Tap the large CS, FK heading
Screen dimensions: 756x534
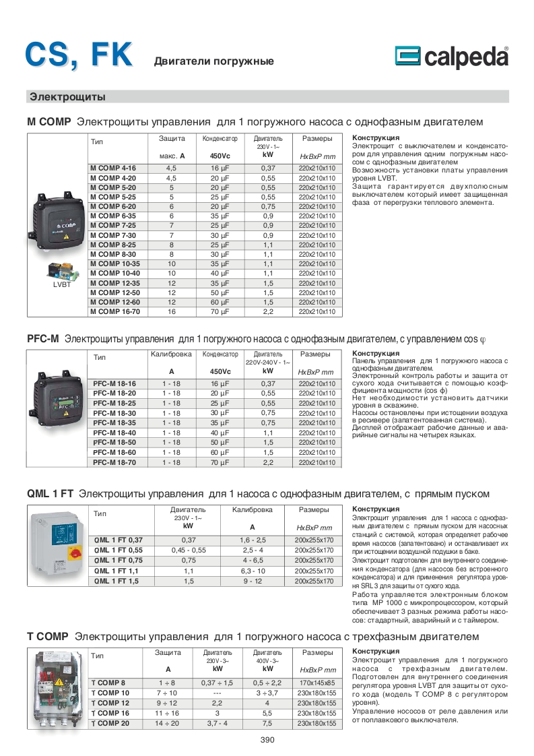[x=79, y=54]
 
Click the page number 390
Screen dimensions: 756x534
[x=267, y=739]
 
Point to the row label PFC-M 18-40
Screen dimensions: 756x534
[x=114, y=433]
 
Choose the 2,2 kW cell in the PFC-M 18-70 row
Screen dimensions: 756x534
[x=267, y=463]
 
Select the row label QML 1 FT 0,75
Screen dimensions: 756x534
[x=119, y=560]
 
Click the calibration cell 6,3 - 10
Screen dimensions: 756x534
[x=253, y=570]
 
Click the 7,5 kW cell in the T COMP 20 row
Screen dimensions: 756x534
[x=267, y=723]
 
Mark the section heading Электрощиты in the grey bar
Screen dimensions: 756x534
[x=67, y=97]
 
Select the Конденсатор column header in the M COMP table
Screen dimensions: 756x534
[x=220, y=139]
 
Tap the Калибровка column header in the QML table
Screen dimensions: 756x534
[x=253, y=510]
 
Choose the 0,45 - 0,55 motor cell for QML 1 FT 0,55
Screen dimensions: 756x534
[x=189, y=550]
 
